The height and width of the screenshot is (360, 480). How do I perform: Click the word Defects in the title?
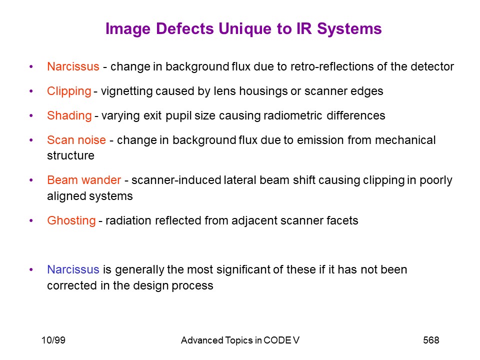click(x=184, y=28)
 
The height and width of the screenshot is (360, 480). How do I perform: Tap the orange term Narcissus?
click(x=73, y=66)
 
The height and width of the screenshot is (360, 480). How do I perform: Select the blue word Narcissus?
click(x=73, y=269)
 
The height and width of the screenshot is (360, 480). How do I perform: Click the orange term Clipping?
click(x=69, y=91)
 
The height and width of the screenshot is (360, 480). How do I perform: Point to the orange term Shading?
click(x=69, y=115)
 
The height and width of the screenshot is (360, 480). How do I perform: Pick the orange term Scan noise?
click(x=76, y=140)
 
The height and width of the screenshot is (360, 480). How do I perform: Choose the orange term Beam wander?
click(x=84, y=180)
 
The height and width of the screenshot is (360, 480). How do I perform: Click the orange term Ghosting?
click(x=71, y=220)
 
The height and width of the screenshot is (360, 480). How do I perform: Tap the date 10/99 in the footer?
click(x=53, y=340)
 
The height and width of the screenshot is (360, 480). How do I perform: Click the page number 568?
click(x=431, y=340)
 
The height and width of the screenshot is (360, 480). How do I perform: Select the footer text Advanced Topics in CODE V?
click(x=240, y=340)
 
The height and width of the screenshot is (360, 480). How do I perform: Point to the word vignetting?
click(x=126, y=91)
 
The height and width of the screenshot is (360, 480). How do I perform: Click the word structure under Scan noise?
click(x=70, y=155)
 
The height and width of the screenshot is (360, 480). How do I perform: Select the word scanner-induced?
click(x=176, y=180)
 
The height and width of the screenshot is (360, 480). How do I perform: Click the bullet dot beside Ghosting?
click(x=31, y=220)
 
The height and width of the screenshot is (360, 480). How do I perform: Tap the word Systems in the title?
click(x=349, y=29)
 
